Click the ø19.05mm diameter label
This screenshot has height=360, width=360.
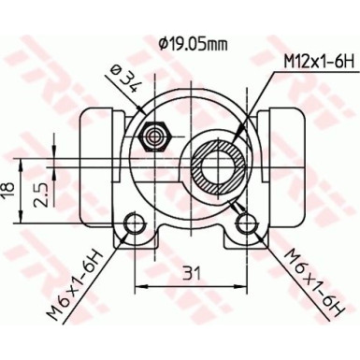[194, 42]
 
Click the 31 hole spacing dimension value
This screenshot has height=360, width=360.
[192, 273]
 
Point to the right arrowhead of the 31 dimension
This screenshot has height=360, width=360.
[244, 285]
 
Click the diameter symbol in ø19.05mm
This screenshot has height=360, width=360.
[163, 42]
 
